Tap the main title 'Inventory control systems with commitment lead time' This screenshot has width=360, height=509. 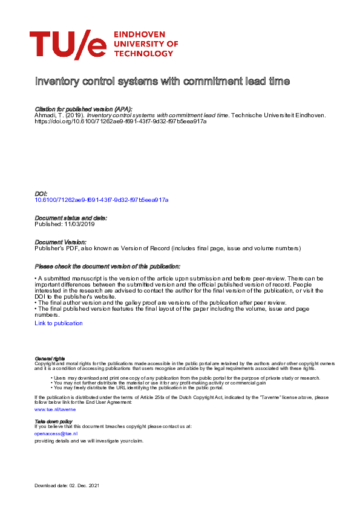[162, 81]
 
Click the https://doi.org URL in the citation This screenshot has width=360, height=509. [120, 121]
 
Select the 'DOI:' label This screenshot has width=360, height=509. [41, 193]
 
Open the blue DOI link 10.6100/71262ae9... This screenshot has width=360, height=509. [102, 199]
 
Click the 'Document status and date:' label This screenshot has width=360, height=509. [71, 218]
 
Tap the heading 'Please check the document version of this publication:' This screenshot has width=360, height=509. [108, 267]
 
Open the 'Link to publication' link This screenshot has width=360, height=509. [59, 323]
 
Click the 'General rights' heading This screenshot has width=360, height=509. [50, 358]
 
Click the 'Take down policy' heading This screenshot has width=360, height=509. [53, 421]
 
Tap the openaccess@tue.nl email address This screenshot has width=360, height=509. [56, 433]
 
